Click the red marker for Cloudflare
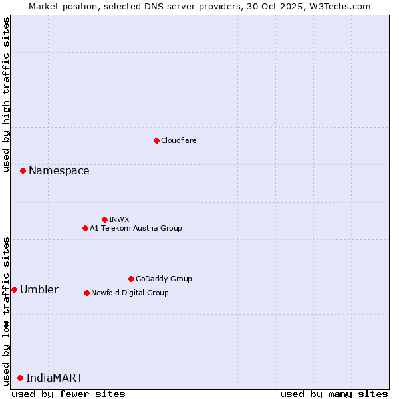(156, 140)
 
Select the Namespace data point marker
(23, 171)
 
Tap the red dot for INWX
(104, 219)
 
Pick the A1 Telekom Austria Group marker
(85, 228)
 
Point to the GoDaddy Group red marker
(131, 279)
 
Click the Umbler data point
(14, 289)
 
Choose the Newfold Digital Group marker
(86, 293)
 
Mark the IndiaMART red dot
(20, 378)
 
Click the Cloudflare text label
(178, 140)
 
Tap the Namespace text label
(59, 171)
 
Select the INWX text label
(119, 219)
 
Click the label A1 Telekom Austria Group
(136, 228)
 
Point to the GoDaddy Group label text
(164, 279)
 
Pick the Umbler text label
(39, 289)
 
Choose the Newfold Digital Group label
(130, 293)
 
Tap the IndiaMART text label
(55, 378)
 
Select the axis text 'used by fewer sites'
(68, 394)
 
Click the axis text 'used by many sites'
(334, 394)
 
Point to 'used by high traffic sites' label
(6, 94)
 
